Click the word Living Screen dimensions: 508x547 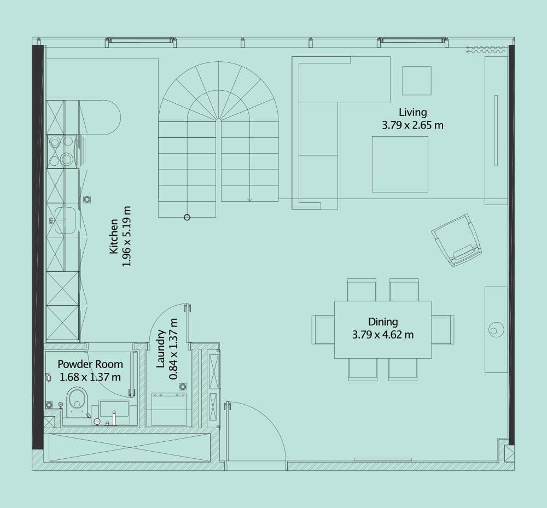click(412, 113)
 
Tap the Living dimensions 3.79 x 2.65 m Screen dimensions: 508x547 click(412, 125)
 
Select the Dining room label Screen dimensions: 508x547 click(382, 322)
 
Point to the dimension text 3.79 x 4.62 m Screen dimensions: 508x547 click(382, 335)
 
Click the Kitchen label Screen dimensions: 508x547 click(114, 236)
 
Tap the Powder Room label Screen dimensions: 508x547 click(90, 364)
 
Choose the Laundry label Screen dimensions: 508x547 click(161, 349)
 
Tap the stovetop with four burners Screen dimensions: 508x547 click(61, 151)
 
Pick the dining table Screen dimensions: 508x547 click(382, 329)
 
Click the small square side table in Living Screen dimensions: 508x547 click(417, 80)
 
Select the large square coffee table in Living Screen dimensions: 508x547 click(400, 164)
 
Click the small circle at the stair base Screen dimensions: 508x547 click(187, 217)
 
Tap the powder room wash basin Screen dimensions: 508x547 click(114, 410)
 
